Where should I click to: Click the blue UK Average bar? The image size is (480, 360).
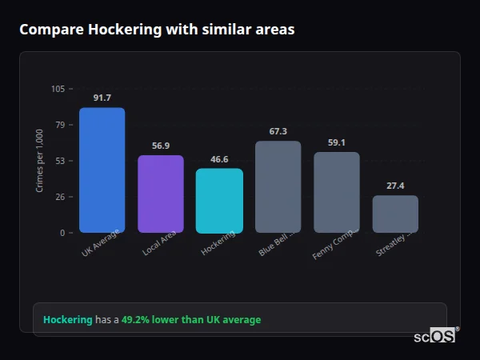[102, 170]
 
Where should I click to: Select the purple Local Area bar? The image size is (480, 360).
[160, 194]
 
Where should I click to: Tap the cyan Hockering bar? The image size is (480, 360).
[219, 201]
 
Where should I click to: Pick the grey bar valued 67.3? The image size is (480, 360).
[278, 187]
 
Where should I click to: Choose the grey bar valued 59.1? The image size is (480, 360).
[336, 193]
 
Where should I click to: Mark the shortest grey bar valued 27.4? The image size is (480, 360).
[395, 214]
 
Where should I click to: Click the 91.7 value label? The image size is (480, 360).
[102, 98]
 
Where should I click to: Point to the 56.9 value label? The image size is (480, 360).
[160, 146]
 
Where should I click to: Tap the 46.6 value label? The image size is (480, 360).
[219, 159]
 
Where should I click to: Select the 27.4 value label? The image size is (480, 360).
[395, 186]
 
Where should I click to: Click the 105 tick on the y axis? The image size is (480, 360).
[58, 89]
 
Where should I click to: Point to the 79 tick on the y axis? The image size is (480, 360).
[60, 125]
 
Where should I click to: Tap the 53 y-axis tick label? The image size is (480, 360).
[60, 161]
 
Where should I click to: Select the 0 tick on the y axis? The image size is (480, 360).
[62, 233]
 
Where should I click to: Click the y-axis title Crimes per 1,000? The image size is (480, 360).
[39, 161]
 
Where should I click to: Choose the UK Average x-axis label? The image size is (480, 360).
[100, 244]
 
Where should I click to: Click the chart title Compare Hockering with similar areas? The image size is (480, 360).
[157, 30]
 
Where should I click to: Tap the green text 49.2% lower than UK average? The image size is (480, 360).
[191, 319]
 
